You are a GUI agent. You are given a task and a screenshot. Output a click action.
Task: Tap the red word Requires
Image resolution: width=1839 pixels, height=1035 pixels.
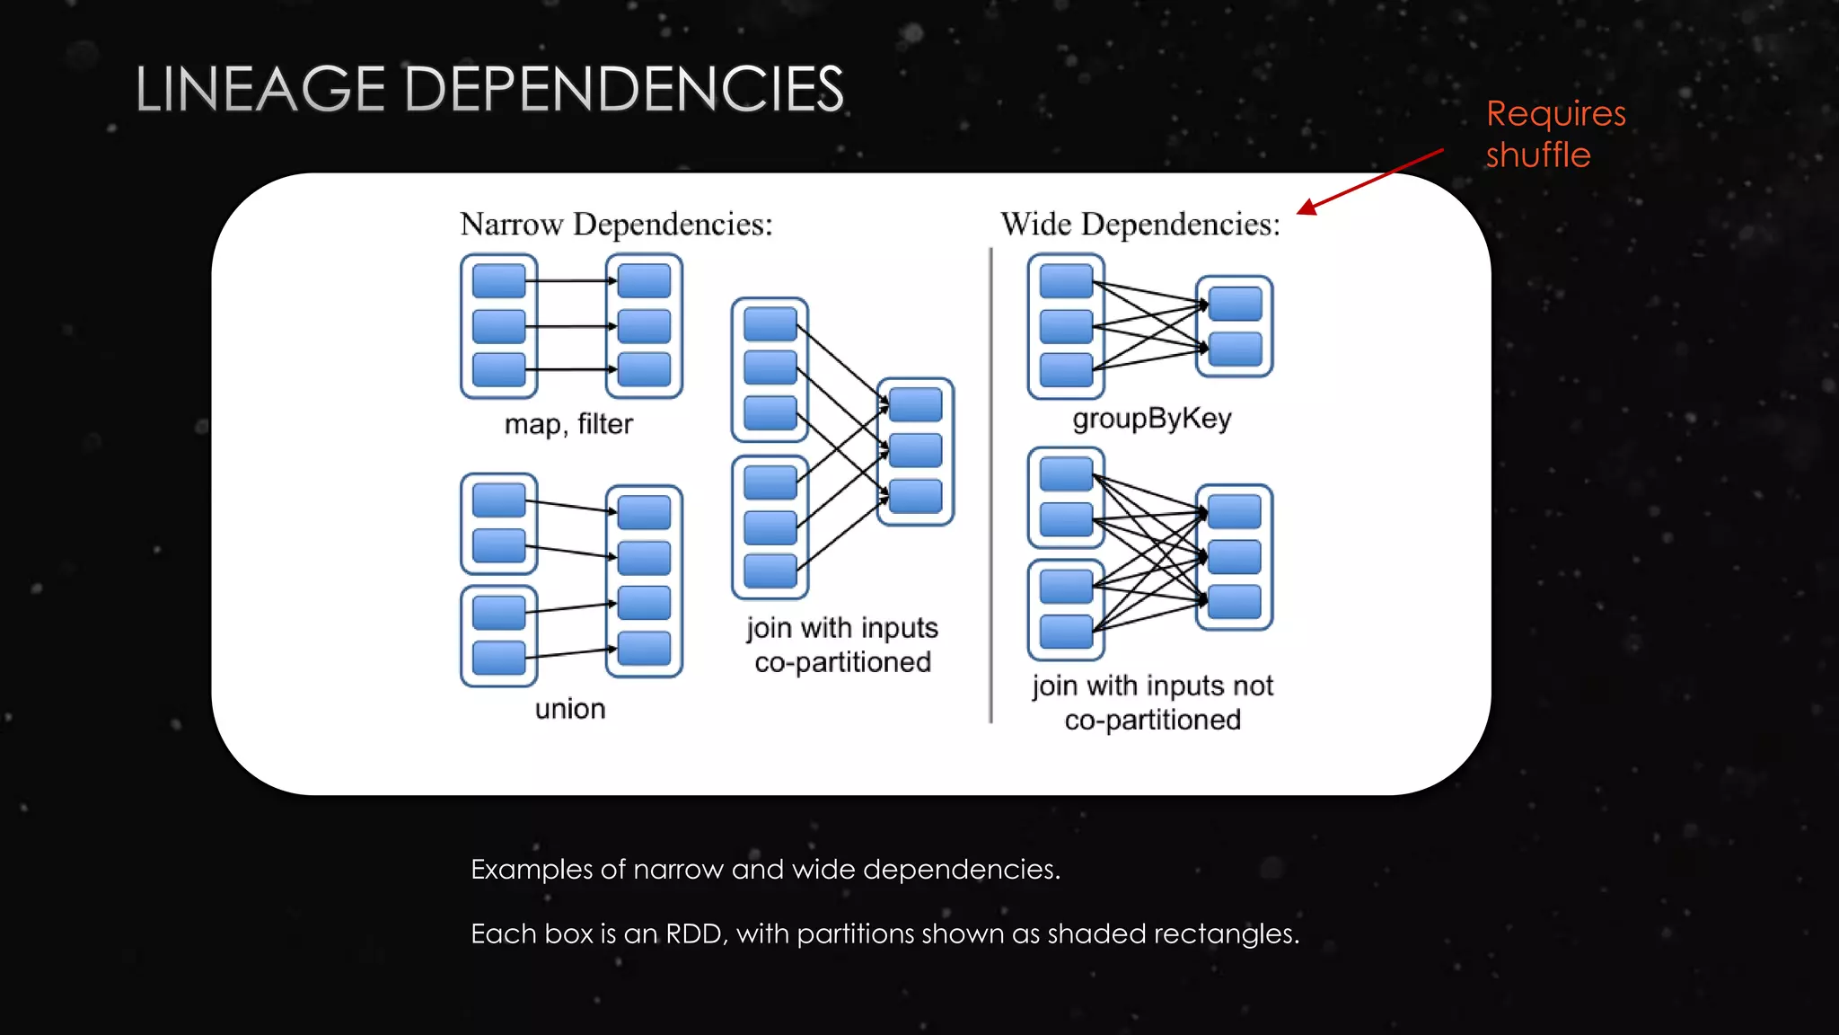click(1555, 114)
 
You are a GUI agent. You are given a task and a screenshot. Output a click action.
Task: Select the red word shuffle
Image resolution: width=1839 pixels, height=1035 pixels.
click(1537, 155)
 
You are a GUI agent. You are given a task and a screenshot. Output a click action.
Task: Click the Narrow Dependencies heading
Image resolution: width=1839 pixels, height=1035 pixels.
click(616, 224)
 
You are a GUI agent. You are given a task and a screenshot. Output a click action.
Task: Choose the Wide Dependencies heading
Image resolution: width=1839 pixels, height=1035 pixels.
click(1140, 224)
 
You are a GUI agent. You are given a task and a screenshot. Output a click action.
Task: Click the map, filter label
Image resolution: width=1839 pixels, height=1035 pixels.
click(568, 423)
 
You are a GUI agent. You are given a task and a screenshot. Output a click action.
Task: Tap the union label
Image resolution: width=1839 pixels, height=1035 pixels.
click(570, 709)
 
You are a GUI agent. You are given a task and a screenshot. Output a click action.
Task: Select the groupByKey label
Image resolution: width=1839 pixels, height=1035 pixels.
click(1152, 419)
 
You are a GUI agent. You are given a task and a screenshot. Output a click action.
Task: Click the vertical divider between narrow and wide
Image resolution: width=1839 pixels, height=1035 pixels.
click(991, 485)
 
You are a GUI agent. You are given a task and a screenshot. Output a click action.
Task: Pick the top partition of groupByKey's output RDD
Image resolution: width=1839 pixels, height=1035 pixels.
click(1235, 304)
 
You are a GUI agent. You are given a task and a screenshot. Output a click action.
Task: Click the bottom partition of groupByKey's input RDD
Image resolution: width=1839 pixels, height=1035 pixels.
click(1066, 369)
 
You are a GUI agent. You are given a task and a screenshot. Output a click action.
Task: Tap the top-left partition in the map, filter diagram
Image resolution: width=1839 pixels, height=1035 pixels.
click(498, 280)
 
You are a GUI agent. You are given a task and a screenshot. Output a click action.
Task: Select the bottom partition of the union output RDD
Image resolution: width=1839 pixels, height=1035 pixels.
click(644, 648)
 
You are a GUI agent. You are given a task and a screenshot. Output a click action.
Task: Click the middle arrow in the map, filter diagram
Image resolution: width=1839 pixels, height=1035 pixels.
click(571, 326)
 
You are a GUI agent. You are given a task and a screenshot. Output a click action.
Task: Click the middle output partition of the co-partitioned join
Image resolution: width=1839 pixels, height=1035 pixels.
click(915, 450)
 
